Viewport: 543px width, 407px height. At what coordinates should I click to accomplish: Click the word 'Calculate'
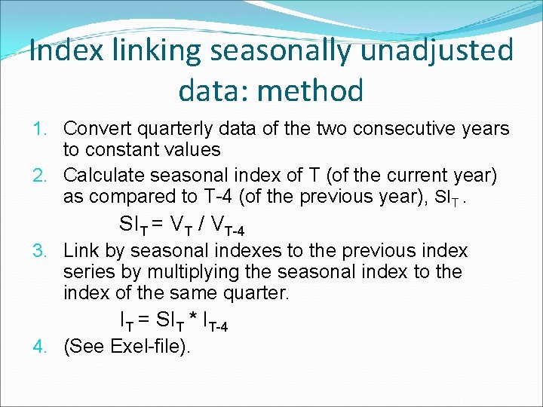[103, 176]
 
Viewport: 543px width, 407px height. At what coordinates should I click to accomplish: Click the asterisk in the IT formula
[204, 320]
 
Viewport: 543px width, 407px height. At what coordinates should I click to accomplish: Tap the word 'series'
[87, 271]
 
